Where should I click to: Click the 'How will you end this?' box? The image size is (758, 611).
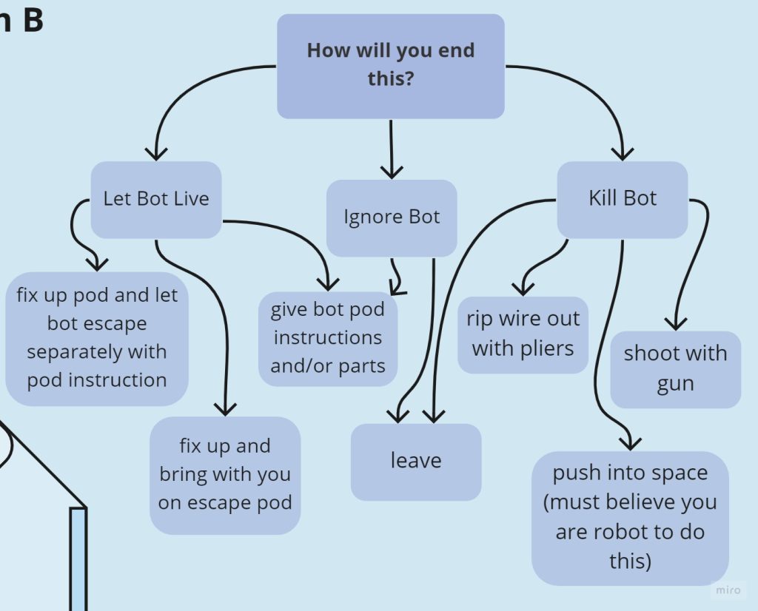pos(391,65)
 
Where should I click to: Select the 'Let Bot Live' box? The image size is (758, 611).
pos(156,199)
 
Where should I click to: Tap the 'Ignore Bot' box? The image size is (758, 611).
pos(392,217)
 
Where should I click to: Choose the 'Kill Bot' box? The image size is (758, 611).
pos(623,199)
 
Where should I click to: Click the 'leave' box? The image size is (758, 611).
pos(416,462)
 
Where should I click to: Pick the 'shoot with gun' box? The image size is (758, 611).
pos(675,369)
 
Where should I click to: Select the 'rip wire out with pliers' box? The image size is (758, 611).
pos(523,334)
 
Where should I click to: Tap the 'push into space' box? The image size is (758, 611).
pos(630,517)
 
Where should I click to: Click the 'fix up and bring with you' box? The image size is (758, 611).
pos(225,475)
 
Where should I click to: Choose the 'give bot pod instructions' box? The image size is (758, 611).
pos(328,338)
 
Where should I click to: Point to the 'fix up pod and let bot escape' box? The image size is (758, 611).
pos(97,338)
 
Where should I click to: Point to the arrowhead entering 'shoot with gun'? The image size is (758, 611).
pos(674,323)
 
